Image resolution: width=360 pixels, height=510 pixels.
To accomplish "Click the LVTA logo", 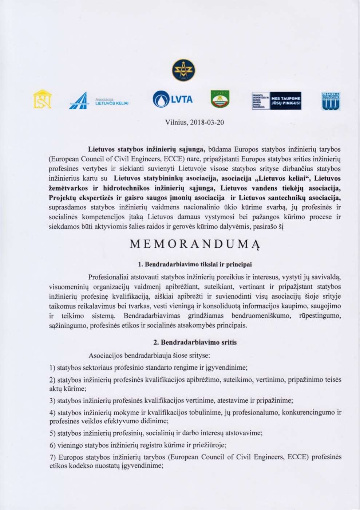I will [x=173, y=99].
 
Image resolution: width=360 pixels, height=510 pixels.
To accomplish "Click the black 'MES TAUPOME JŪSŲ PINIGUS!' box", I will [x=286, y=101].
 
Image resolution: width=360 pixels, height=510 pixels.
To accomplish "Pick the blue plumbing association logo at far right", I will [x=331, y=101].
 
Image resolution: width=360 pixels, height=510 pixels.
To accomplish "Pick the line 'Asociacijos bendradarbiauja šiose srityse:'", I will [x=149, y=355].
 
